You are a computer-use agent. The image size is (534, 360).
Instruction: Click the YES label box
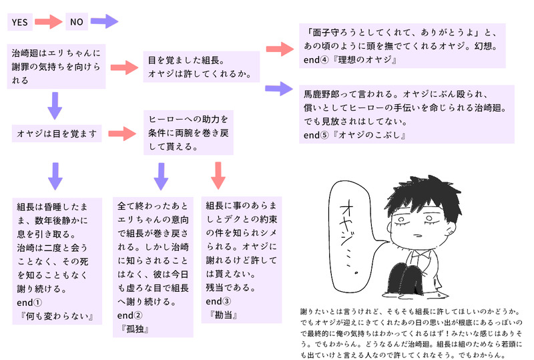pos(19,23)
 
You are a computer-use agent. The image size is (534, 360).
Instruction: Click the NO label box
pos(77,23)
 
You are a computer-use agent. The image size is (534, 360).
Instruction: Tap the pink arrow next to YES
pos(49,22)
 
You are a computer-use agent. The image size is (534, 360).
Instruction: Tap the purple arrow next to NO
pos(103,22)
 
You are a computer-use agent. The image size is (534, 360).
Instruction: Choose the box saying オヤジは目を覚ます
pos(57,134)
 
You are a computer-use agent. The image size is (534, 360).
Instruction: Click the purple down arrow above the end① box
pos(55,174)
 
